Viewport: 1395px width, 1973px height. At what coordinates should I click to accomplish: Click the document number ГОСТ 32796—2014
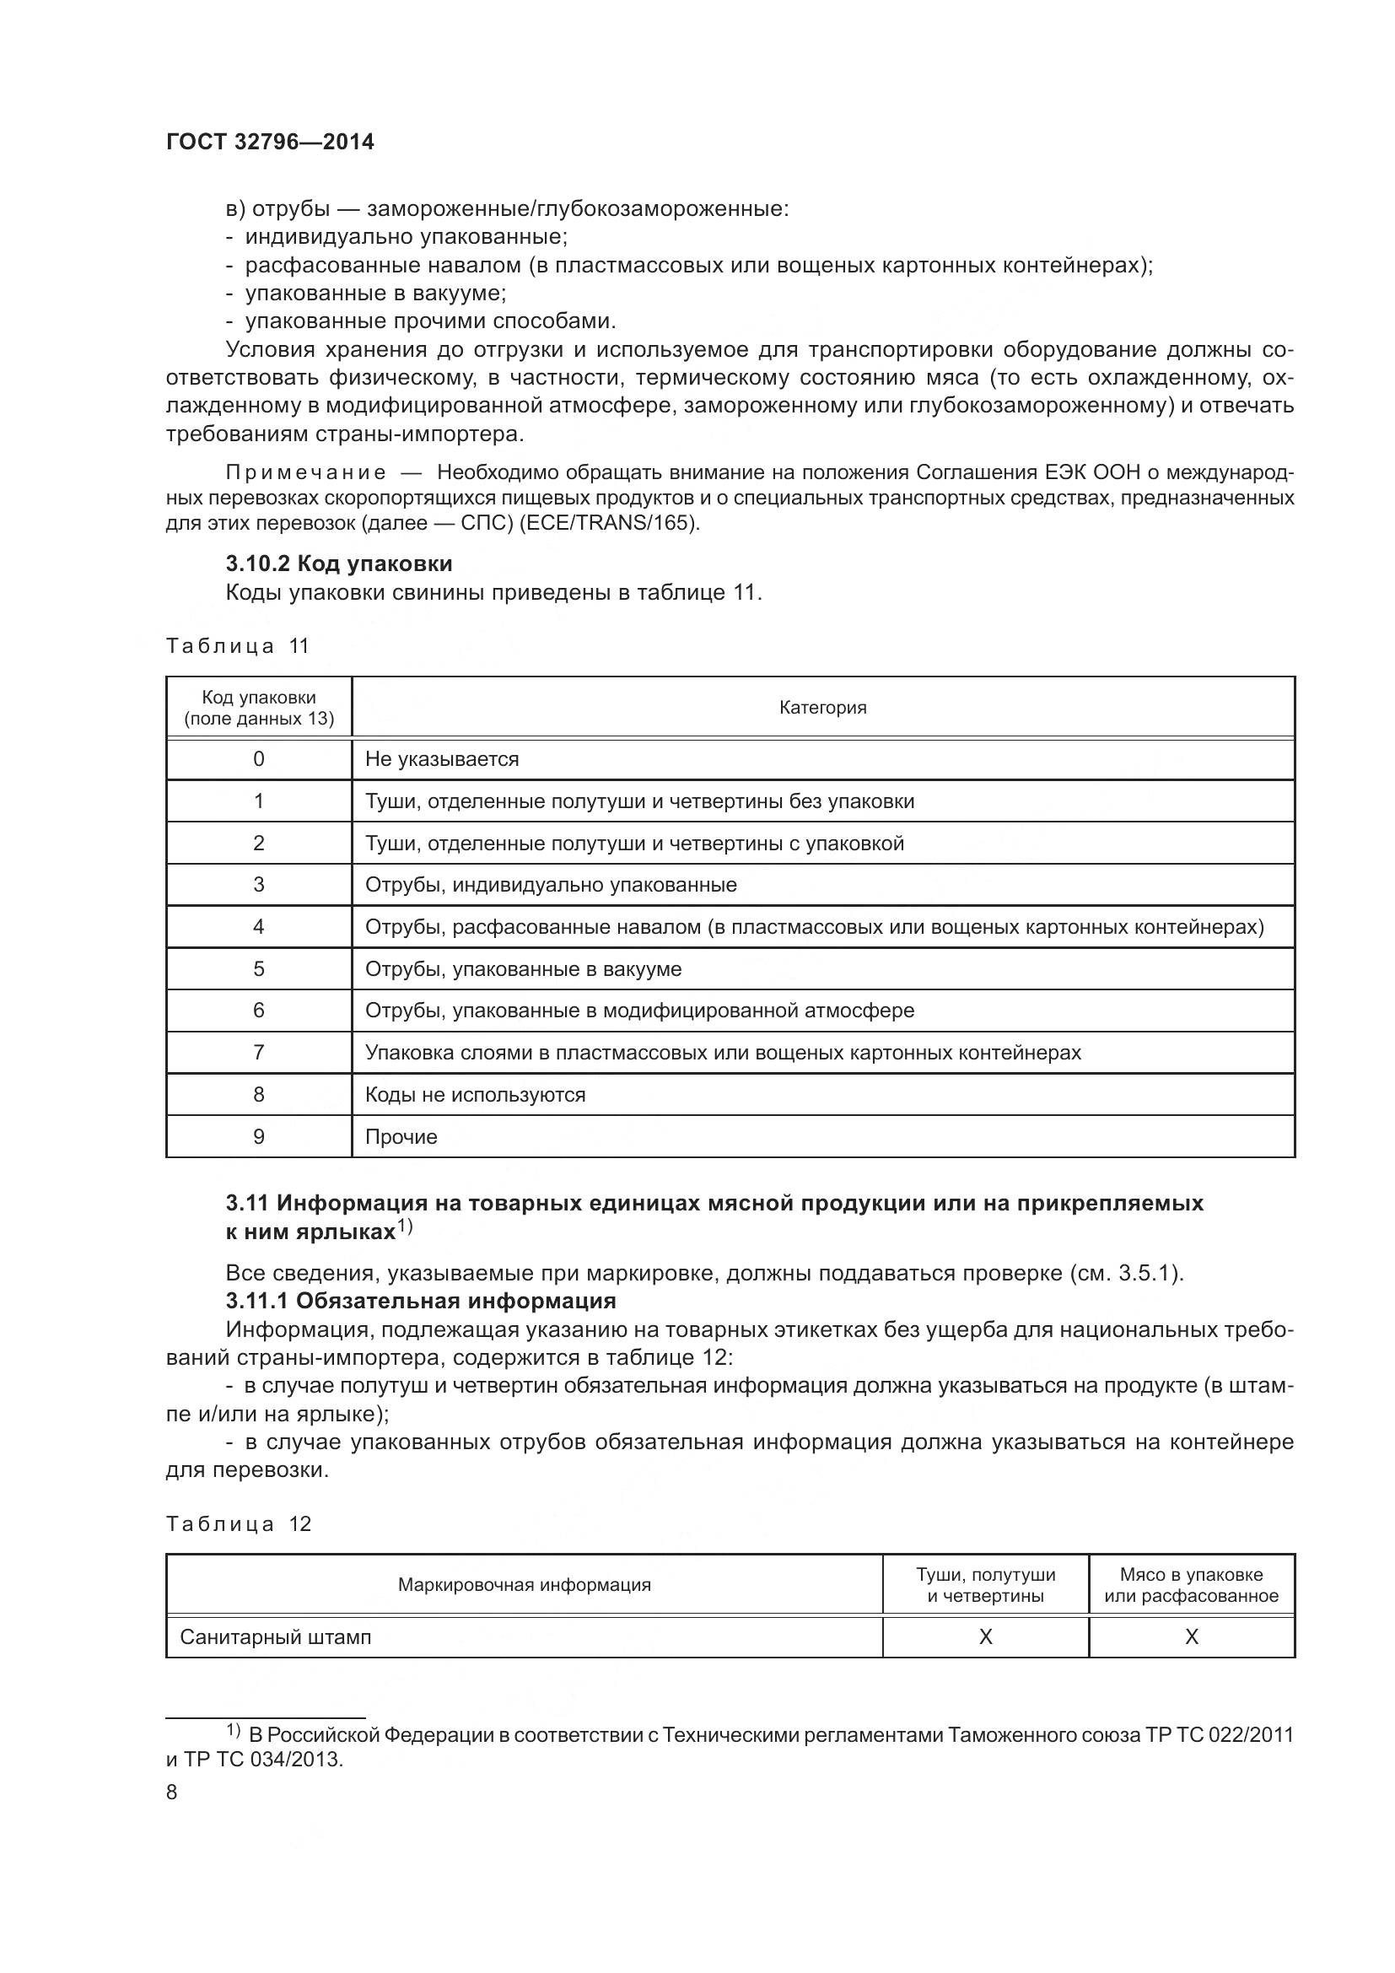pos(270,143)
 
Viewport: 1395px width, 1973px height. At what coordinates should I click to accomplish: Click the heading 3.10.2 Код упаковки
pos(338,563)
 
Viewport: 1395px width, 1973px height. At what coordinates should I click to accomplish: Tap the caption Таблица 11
pos(237,646)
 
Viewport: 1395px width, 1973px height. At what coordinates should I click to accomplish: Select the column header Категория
pos(822,707)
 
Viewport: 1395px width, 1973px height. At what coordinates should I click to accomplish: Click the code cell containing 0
pos(259,759)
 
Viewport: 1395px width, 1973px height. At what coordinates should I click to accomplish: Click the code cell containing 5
pos(259,968)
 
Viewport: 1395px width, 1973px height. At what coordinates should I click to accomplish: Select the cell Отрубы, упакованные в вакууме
pos(523,968)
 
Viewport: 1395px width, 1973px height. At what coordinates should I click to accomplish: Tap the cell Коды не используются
pos(475,1095)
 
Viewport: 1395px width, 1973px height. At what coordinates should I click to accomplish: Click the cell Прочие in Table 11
pos(401,1137)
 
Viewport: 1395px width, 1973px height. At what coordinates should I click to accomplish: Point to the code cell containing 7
pos(259,1053)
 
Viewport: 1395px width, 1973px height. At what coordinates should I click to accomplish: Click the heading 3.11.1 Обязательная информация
pos(421,1301)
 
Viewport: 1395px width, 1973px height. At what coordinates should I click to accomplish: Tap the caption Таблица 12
pos(238,1524)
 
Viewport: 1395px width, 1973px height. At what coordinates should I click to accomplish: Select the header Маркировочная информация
pos(524,1585)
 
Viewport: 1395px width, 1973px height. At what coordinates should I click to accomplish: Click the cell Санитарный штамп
pos(275,1637)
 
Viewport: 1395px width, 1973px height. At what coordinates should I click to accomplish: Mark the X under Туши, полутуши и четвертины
pos(985,1637)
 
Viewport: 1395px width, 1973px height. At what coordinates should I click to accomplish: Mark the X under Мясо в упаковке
pos(1191,1637)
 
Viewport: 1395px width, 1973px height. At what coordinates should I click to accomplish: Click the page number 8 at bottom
pos(172,1792)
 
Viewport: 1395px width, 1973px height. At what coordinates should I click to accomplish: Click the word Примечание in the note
pos(305,472)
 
